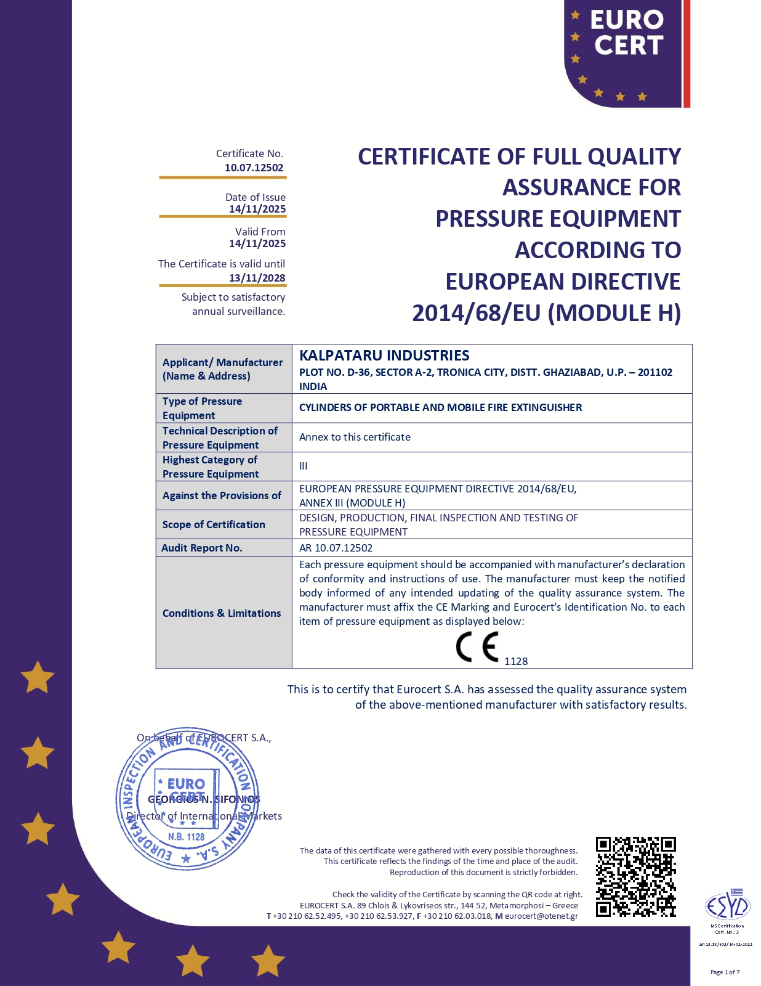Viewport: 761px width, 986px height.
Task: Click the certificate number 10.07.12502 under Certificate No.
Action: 254,168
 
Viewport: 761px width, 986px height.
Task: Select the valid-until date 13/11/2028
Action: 257,278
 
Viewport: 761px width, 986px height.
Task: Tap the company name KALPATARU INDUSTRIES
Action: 384,356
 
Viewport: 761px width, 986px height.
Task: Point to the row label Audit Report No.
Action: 202,548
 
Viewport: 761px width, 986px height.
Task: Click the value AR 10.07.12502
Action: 336,548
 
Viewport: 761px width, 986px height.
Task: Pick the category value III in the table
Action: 304,466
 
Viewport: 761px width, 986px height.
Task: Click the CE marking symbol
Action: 477,647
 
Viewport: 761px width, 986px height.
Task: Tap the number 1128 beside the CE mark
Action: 516,661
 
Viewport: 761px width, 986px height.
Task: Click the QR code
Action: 635,876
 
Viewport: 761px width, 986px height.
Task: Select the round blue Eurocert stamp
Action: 187,799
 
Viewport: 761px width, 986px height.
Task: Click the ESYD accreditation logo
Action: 727,906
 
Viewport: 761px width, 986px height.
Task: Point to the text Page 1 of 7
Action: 725,972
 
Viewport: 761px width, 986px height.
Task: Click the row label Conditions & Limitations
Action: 222,613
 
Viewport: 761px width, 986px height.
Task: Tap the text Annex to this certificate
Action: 355,437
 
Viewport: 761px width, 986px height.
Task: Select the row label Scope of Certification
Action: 214,524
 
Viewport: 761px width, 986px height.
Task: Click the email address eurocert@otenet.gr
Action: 541,916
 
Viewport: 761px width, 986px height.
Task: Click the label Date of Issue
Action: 255,197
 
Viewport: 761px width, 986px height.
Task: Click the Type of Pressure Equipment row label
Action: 202,408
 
